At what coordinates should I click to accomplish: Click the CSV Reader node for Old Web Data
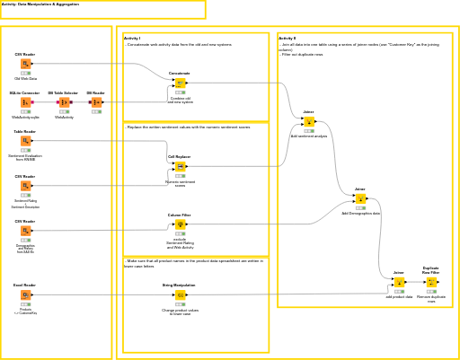coord(25,64)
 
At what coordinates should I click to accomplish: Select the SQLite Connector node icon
coord(25,102)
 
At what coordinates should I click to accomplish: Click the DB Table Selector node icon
coord(64,102)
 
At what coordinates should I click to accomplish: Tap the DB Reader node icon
coord(96,102)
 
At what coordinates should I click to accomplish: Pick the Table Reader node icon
coord(25,141)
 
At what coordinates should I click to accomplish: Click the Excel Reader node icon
coord(25,294)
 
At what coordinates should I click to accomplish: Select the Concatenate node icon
coord(180,83)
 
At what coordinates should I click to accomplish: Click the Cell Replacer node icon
coord(180,166)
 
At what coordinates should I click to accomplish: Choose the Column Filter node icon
coord(180,224)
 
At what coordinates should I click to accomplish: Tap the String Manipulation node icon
coord(180,294)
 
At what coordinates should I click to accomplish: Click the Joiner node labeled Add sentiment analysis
coord(309,121)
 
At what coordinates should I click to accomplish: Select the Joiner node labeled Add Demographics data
coord(360,198)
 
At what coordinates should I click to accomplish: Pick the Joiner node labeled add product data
coord(399,282)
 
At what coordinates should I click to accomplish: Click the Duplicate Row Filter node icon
coord(431,282)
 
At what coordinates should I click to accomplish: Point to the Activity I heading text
coord(132,39)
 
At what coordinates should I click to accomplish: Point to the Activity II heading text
coord(287,39)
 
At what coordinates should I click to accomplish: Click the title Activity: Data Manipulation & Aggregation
coord(40,4)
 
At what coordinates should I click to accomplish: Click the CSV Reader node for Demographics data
coord(25,231)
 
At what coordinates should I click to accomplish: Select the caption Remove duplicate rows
coord(431,298)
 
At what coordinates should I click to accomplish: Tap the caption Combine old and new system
coord(180,100)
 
